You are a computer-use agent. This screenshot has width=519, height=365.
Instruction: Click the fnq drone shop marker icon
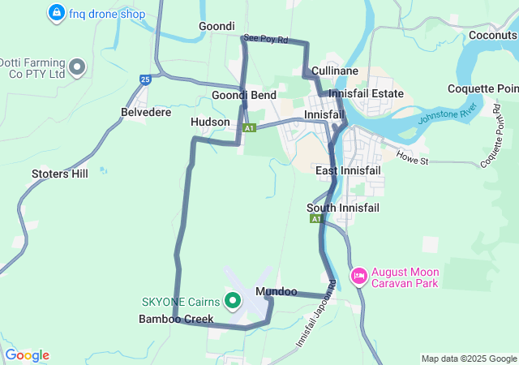[x=57, y=13]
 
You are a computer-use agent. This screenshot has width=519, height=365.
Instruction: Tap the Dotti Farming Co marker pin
[x=78, y=67]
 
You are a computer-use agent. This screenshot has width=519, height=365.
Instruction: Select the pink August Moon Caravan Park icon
[x=358, y=277]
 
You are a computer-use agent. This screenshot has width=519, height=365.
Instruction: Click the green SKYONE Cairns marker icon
[x=234, y=302]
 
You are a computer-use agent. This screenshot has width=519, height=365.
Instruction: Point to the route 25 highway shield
[x=145, y=79]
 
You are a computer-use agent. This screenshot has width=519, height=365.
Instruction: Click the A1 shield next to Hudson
[x=249, y=127]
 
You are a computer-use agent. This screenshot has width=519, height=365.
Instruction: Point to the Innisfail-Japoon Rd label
[x=317, y=315]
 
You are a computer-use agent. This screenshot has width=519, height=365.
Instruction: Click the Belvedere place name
[x=146, y=112]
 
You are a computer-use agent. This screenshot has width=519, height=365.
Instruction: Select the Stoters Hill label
[x=59, y=174]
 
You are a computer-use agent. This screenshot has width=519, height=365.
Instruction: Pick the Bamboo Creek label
[x=176, y=319]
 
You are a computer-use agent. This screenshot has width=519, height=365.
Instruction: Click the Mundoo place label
[x=276, y=291]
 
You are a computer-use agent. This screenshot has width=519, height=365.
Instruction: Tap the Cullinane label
[x=335, y=71]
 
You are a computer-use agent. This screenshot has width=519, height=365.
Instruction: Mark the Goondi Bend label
[x=244, y=95]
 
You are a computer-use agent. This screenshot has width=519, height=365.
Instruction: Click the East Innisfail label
[x=349, y=170]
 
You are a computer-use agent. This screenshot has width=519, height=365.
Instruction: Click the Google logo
[x=27, y=355]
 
